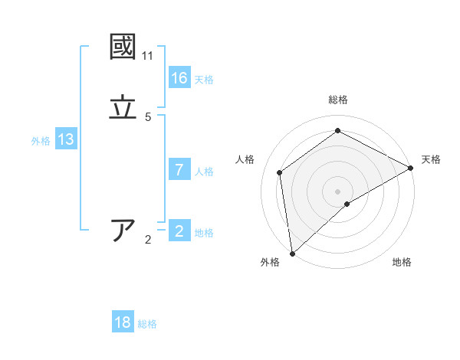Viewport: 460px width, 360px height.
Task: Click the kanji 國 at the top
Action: [123, 47]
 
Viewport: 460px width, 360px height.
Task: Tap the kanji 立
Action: [123, 108]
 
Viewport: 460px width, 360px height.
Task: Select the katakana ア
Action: [123, 231]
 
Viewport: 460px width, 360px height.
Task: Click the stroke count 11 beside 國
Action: [147, 56]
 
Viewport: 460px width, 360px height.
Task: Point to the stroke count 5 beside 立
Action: [148, 117]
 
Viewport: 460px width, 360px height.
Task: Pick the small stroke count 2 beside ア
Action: [148, 240]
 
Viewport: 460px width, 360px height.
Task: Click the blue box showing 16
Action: [179, 78]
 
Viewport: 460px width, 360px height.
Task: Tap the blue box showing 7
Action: [179, 170]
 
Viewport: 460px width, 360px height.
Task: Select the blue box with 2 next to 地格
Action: [179, 231]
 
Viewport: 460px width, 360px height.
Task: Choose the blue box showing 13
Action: [66, 139]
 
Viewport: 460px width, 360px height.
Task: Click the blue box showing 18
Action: [123, 322]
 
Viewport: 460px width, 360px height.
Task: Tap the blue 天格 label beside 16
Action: [204, 80]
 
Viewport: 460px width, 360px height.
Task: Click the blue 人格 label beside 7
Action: [204, 172]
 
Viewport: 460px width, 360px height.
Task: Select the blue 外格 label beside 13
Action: [41, 141]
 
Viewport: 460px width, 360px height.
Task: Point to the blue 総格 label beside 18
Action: [147, 324]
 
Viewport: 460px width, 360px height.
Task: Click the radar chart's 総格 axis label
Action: [338, 100]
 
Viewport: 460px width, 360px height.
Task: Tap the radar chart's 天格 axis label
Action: [431, 159]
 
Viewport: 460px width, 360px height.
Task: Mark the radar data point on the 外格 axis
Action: [292, 253]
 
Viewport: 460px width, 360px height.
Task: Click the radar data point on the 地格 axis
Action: [347, 204]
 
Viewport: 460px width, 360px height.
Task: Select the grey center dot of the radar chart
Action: [338, 191]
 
